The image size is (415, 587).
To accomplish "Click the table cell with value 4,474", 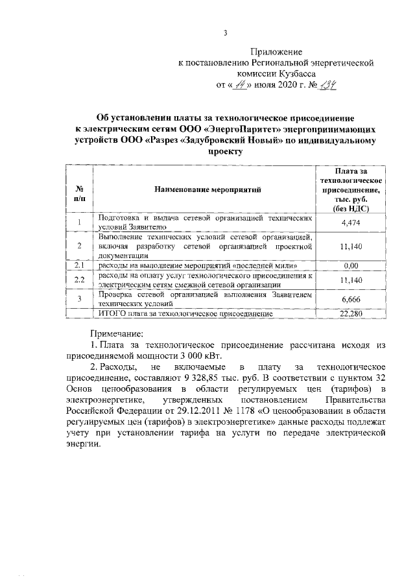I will (350, 223).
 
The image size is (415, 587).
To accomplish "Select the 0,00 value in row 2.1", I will (350, 266).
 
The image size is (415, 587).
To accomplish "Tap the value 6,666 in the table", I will (350, 298).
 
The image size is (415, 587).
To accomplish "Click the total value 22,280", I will (350, 314).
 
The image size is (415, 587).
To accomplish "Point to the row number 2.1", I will (79, 266).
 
